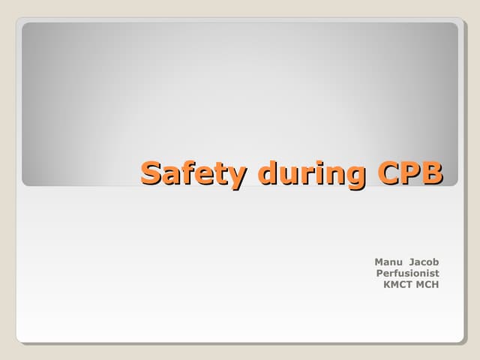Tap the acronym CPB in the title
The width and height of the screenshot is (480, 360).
410,173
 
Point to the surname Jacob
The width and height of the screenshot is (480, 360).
424,262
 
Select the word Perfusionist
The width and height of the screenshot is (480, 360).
407,273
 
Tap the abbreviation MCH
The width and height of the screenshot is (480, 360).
428,284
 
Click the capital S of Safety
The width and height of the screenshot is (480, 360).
153,173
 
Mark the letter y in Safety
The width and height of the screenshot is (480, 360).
238,177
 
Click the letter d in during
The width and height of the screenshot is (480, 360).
268,173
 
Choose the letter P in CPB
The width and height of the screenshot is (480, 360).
411,173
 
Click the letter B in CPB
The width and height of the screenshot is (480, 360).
431,173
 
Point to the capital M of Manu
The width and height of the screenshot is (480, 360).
379,262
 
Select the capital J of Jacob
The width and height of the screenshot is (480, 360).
413,262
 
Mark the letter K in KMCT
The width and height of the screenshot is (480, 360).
387,284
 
